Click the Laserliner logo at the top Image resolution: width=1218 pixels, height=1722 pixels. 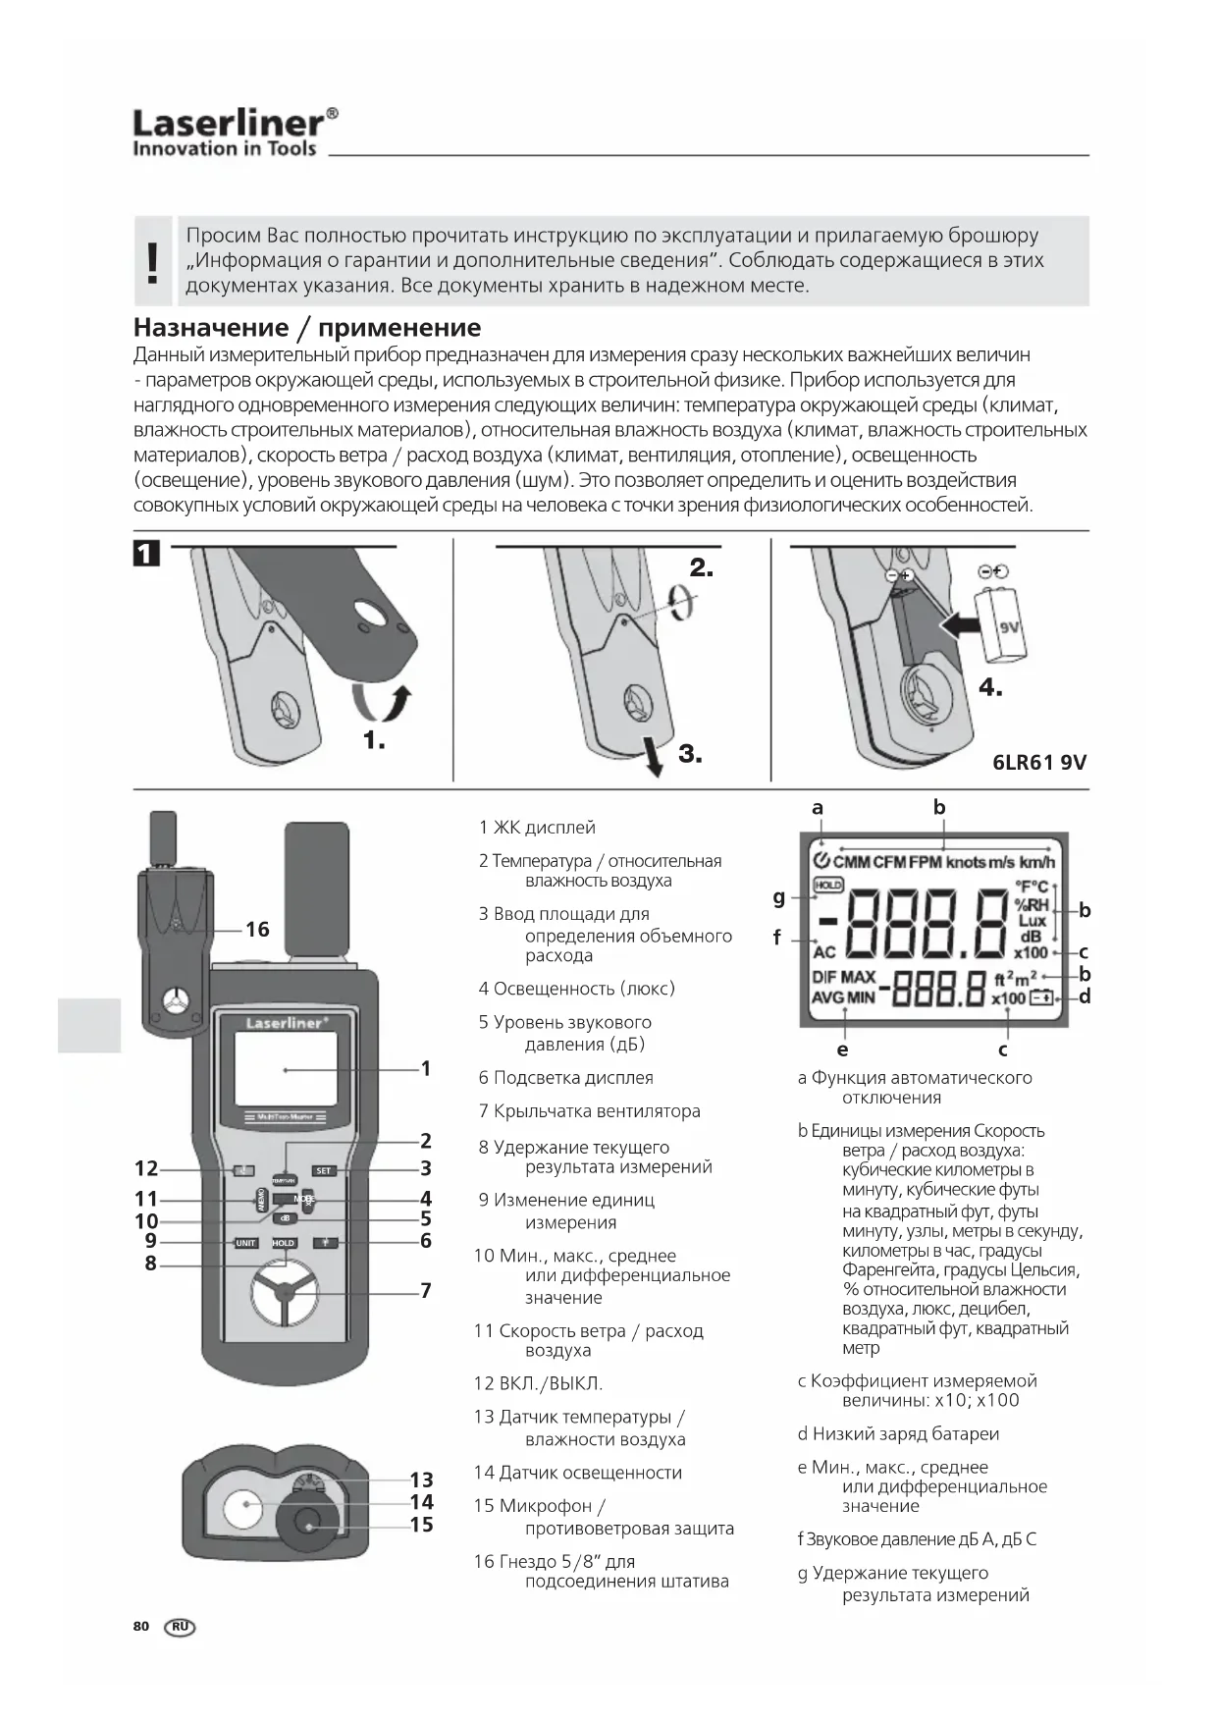pos(236,133)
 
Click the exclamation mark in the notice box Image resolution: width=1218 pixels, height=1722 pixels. pos(152,262)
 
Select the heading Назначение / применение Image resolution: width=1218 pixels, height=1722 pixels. pos(307,327)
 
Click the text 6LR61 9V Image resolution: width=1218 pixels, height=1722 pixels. pos(1039,763)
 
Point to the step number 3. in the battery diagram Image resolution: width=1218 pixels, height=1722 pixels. pos(690,754)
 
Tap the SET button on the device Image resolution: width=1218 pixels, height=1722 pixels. pos(324,1170)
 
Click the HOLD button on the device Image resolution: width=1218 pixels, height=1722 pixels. pos(284,1243)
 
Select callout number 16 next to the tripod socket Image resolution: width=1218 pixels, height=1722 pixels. pos(257,929)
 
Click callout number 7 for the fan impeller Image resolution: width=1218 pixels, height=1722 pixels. pos(426,1290)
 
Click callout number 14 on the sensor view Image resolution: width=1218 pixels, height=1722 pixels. pos(421,1502)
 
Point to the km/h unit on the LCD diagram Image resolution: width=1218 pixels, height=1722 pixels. pos(1036,862)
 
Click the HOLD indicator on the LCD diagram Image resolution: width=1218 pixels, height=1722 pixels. pos(828,885)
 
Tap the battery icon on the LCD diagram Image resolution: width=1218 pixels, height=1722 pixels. pos(1040,998)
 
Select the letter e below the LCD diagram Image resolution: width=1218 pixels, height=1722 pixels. pos(842,1049)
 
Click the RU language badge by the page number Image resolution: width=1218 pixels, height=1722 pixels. pos(181,1627)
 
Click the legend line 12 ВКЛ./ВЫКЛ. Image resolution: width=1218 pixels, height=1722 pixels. pos(538,1383)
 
